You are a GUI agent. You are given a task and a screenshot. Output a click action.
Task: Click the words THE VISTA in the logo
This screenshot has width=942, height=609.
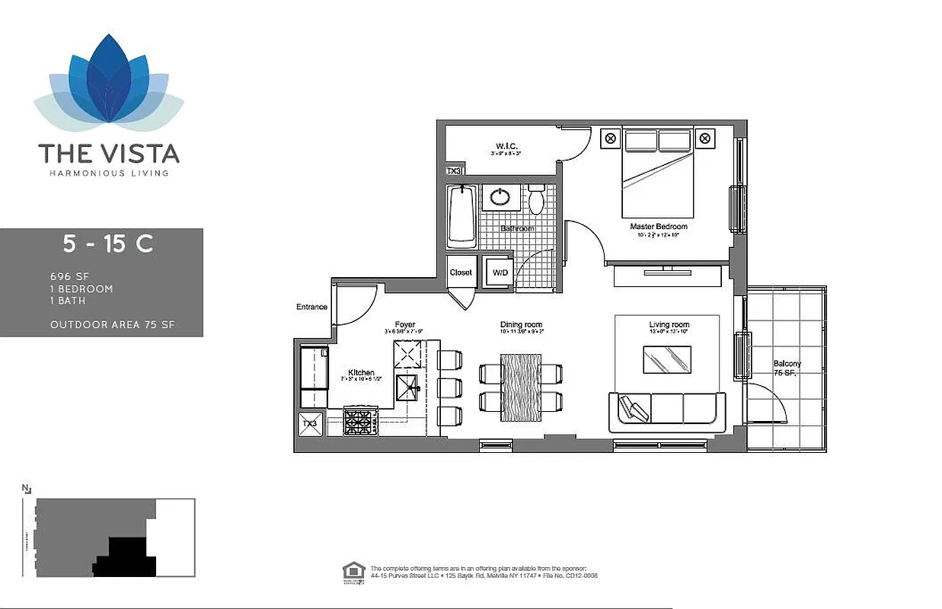(109, 154)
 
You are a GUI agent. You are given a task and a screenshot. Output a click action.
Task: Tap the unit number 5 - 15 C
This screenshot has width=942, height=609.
(108, 244)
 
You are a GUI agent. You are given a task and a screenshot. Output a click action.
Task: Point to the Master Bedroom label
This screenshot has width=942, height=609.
(659, 227)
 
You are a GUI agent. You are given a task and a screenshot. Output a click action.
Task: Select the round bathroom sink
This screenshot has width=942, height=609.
(501, 197)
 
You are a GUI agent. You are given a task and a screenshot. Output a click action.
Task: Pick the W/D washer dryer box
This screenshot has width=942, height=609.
(500, 273)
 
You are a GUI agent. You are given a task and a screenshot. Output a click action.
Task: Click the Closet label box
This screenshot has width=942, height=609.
(461, 272)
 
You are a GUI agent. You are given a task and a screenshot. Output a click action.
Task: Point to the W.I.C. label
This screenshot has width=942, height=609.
(506, 146)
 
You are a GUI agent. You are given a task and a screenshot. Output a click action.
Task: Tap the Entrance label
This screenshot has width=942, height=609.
(312, 308)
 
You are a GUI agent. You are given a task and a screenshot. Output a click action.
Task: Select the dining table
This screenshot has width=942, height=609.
(521, 387)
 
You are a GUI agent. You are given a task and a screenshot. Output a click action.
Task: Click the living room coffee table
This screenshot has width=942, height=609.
(668, 360)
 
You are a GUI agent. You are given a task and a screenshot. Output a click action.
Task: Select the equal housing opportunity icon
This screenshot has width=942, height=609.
(352, 570)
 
